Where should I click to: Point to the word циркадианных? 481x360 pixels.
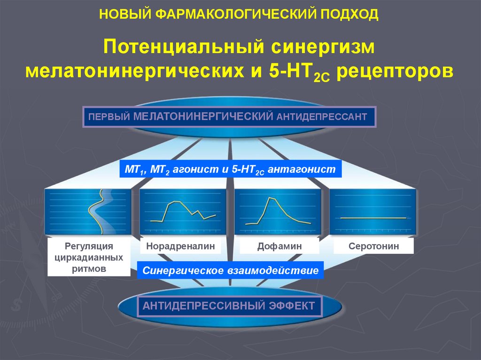(89, 257)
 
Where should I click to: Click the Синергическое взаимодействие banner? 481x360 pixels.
(231, 270)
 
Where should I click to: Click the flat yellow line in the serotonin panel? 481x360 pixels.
(373, 218)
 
